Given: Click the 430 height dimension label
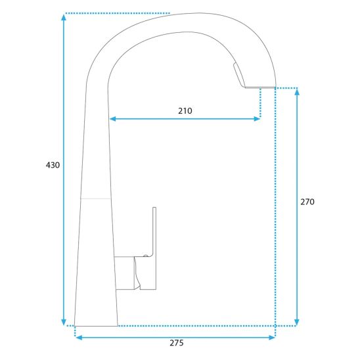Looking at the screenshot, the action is (53, 165).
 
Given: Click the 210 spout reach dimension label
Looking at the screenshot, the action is (185, 111).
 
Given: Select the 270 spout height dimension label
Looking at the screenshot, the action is (307, 202).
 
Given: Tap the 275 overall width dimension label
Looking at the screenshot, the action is (177, 343).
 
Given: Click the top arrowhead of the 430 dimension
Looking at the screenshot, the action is (64, 17).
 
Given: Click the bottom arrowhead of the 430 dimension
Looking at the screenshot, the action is (64, 322).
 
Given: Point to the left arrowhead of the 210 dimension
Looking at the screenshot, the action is (113, 119).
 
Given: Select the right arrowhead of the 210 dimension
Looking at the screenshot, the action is (257, 119).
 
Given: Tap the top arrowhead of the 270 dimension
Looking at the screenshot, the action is (297, 92).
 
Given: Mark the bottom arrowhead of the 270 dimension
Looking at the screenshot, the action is (297, 322).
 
